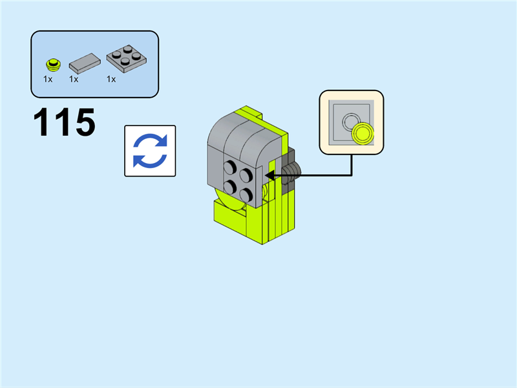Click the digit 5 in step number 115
85,122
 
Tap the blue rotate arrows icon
150,151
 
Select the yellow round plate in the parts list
53,65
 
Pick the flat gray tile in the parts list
85,63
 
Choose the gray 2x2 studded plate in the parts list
127,58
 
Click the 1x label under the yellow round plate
48,79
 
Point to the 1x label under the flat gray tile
74,79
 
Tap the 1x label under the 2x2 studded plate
111,79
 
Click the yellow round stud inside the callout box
363,133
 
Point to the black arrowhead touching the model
269,175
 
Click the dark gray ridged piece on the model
292,171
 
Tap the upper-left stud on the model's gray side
230,167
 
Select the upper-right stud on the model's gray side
246,175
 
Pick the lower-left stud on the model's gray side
230,188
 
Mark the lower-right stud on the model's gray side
246,195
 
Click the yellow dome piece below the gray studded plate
228,202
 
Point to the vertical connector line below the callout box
352,165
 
